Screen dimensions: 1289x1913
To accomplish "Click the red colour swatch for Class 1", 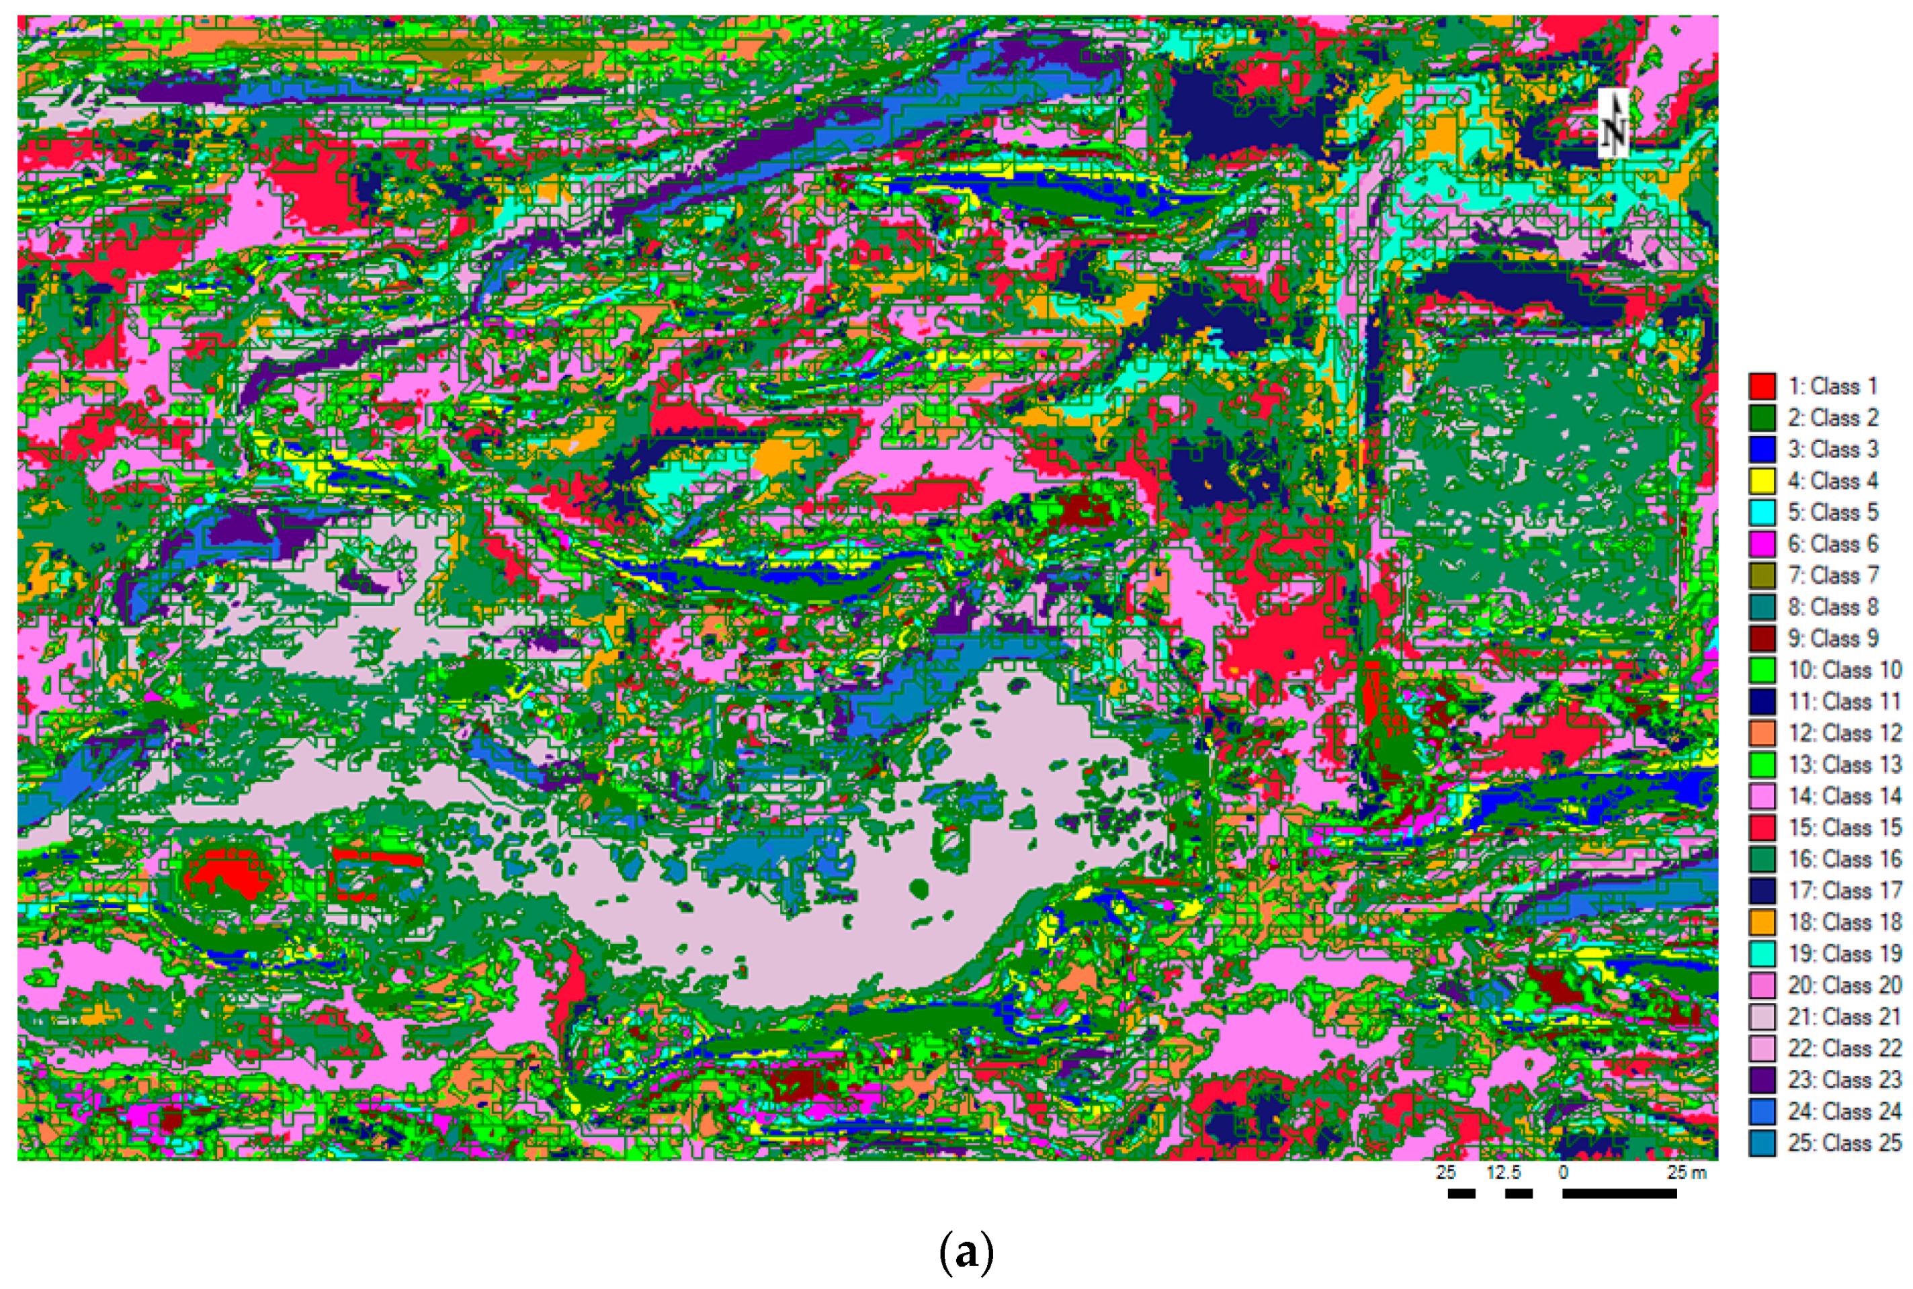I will pos(1762,386).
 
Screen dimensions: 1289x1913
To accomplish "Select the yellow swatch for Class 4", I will pos(1762,481).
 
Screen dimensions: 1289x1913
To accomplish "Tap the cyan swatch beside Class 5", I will pos(1762,512).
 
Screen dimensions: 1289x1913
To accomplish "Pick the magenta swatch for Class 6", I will pos(1762,544).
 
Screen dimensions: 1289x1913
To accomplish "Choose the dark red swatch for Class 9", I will pos(1762,639).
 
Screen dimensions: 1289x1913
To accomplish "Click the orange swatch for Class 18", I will pos(1762,922).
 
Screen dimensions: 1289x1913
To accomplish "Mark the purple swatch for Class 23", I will pos(1762,1080).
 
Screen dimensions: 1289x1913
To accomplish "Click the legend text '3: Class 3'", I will pos(1832,449).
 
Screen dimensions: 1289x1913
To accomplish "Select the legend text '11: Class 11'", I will pos(1844,702).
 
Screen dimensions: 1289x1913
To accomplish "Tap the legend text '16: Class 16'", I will pos(1844,860).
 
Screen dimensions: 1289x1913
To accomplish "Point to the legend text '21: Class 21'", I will pos(1844,1017).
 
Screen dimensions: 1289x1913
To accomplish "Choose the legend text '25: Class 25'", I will pos(1844,1143).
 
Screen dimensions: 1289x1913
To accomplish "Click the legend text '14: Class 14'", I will pos(1844,797).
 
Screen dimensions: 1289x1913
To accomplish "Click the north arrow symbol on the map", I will pos(1613,124).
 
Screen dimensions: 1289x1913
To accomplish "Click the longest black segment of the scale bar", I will pos(1619,1194).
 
